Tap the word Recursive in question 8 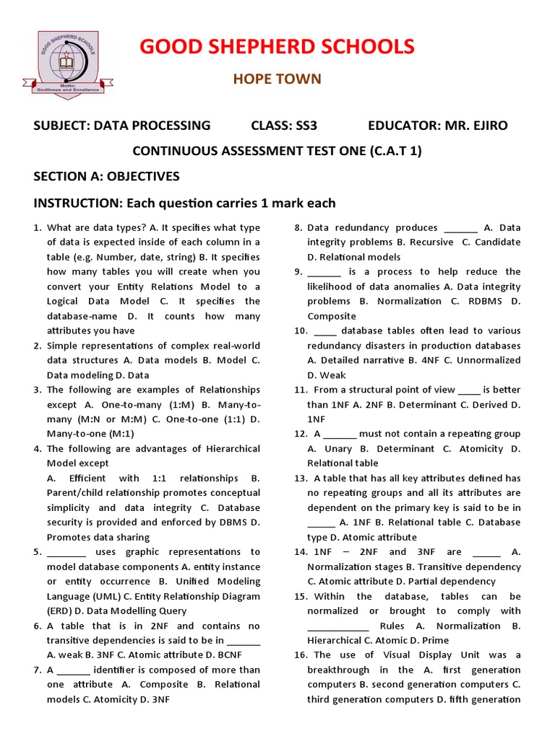431,242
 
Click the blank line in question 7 73,670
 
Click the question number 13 301,478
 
